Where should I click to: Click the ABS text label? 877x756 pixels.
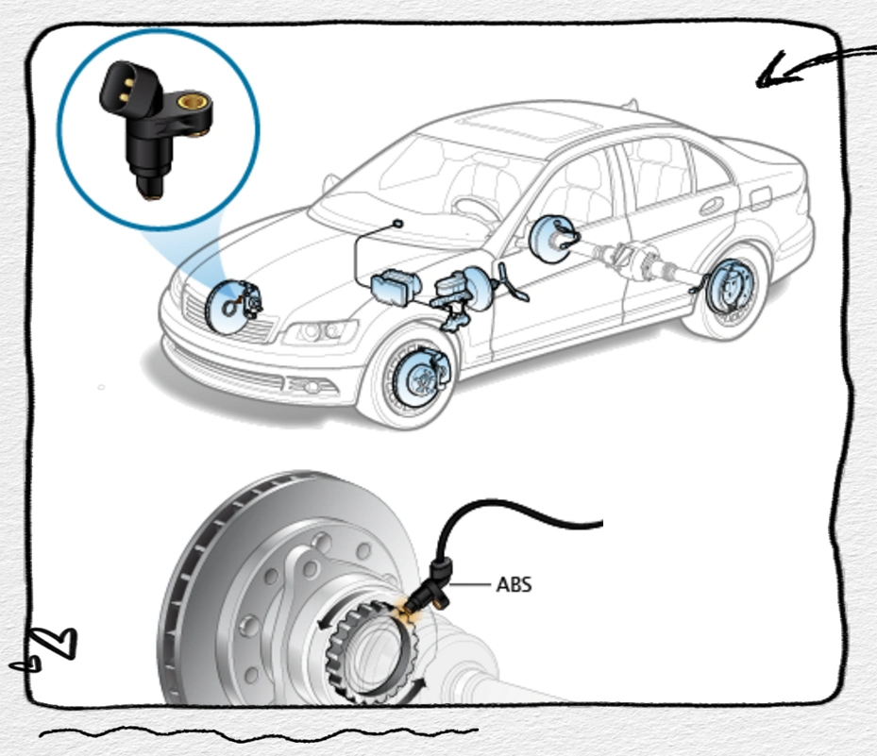point(514,585)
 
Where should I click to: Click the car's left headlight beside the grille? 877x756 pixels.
point(321,332)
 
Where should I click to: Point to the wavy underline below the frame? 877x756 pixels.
point(255,731)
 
